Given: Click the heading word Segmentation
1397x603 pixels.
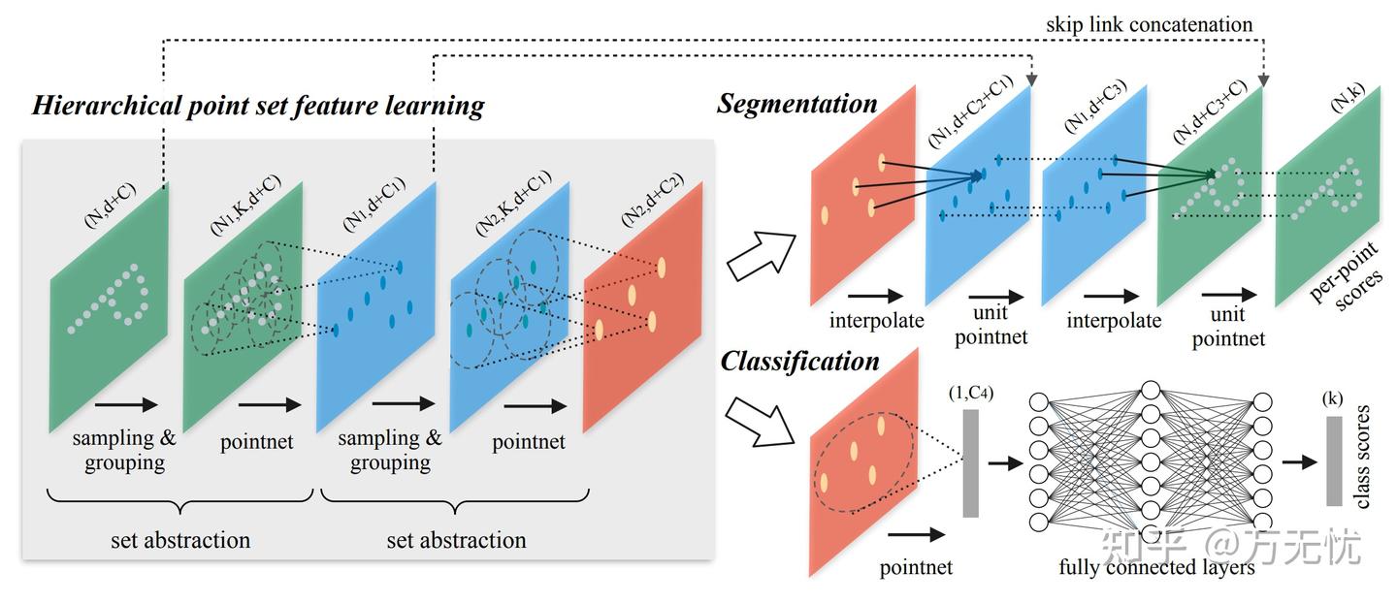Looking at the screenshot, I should click(797, 104).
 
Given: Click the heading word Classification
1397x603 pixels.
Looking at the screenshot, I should click(799, 363).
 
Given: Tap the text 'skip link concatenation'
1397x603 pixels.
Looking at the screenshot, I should click(1149, 24).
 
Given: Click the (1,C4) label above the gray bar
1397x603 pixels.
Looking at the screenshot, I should click(970, 395).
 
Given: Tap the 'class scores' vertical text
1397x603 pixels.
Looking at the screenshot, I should click(1362, 462).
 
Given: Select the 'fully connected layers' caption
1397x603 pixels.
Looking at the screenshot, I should click(1156, 566).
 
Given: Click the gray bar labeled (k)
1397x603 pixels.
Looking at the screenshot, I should click(1334, 460).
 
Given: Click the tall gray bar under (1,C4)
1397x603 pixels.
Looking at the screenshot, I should click(970, 462).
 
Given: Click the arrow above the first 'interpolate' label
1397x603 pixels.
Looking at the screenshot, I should click(876, 296).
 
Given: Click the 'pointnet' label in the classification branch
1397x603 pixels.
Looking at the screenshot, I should click(916, 567).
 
